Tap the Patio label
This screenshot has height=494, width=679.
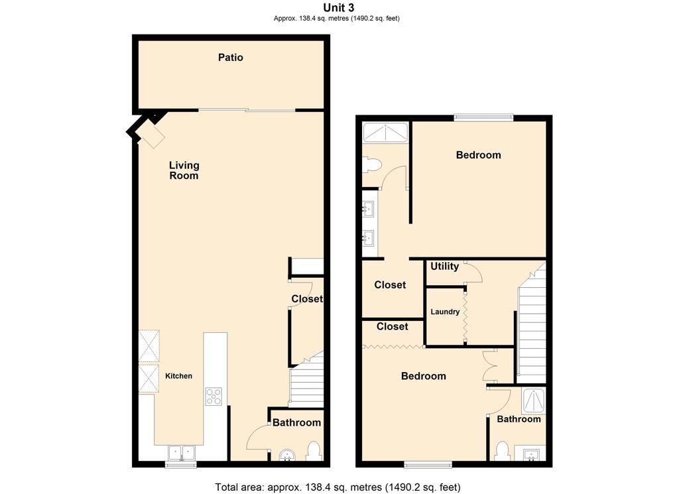(231, 58)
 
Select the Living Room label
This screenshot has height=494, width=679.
(184, 170)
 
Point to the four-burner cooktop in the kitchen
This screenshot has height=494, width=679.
(214, 397)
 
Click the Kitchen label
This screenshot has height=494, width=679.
(178, 376)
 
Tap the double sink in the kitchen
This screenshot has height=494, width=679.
(180, 453)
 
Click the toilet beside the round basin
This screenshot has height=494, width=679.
(314, 452)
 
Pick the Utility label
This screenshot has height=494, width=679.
(444, 267)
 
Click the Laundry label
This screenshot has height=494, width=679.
(445, 312)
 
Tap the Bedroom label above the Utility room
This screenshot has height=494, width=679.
(478, 155)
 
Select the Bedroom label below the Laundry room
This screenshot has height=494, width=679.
(424, 376)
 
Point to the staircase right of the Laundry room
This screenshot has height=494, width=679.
(531, 325)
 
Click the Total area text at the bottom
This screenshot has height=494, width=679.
(338, 487)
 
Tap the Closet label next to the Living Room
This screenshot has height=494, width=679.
(307, 299)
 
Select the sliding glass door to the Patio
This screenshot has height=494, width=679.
(247, 110)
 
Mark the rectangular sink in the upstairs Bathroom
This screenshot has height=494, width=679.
(530, 454)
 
